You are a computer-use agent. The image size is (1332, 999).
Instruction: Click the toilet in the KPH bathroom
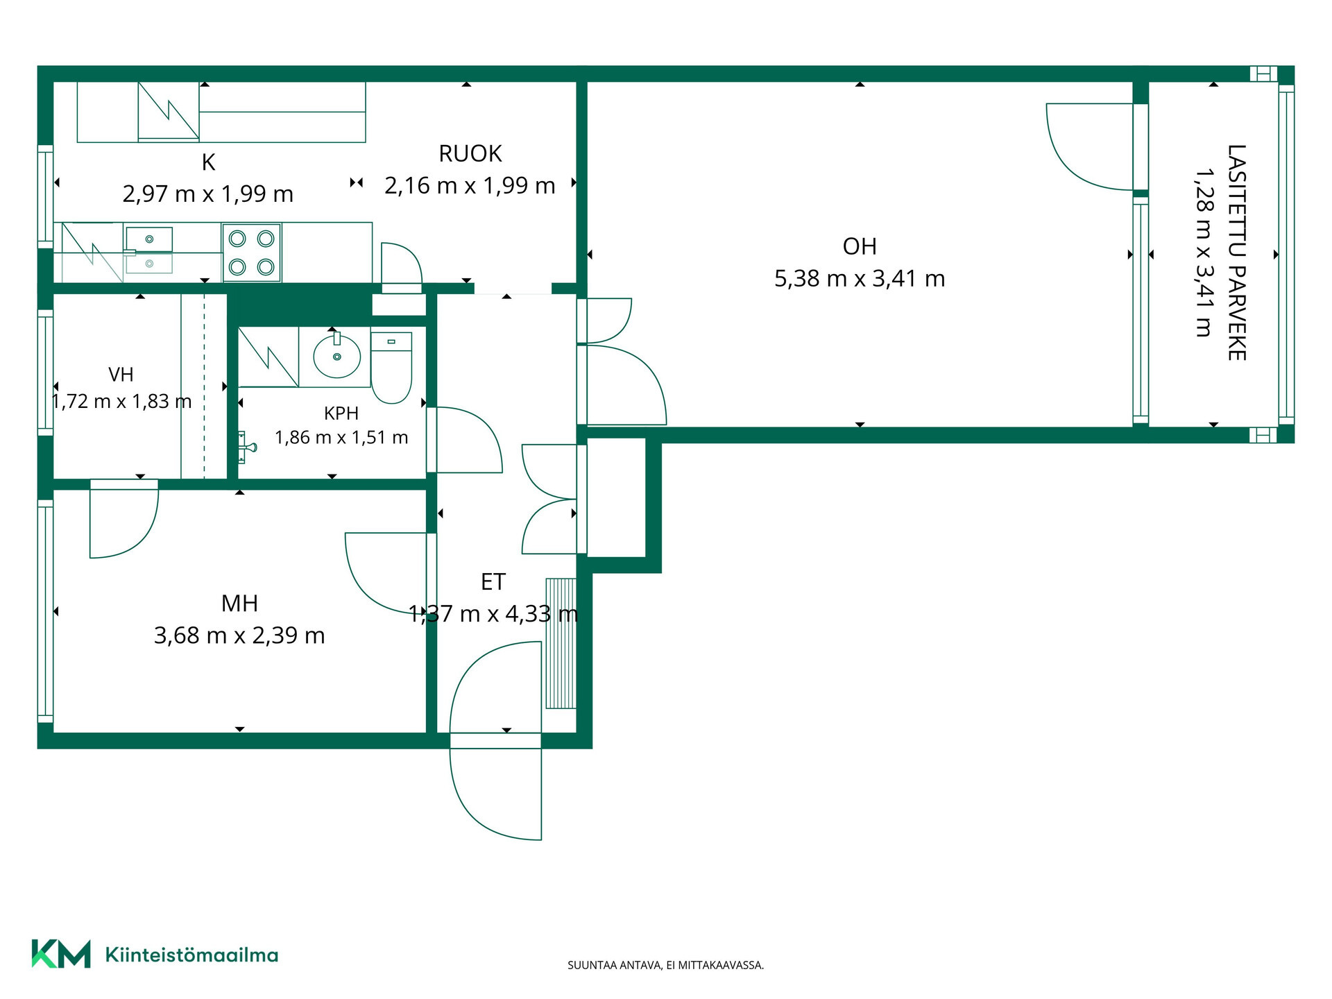pos(392,367)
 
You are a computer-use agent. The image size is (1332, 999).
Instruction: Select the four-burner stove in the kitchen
pos(251,253)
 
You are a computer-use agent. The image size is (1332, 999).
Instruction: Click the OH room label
pos(860,246)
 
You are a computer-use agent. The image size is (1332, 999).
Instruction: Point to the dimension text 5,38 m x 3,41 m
pos(860,279)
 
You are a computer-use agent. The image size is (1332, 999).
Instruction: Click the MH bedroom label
pos(239,604)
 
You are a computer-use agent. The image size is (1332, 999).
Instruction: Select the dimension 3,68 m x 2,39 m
pos(239,635)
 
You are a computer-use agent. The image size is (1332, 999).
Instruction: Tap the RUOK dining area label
pos(470,153)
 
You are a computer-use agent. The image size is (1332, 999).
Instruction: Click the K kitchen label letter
pos(208,162)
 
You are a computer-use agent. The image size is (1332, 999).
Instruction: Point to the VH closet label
pos(121,375)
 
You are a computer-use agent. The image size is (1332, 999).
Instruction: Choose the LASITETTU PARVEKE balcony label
pos(1237,253)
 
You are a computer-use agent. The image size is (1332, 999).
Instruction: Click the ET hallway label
pos(493,582)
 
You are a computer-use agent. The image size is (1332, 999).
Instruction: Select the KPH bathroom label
pos(341,413)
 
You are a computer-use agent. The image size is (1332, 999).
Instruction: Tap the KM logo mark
pos(61,954)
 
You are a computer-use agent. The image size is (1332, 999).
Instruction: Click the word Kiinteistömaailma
pos(191,955)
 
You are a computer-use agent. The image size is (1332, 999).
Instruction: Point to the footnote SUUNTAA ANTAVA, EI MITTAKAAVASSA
pos(666,965)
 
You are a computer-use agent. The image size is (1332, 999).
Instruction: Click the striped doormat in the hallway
pos(561,643)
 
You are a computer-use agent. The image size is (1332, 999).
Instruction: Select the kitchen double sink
pos(148,251)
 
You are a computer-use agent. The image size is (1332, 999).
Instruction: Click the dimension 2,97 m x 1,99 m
pos(208,194)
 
